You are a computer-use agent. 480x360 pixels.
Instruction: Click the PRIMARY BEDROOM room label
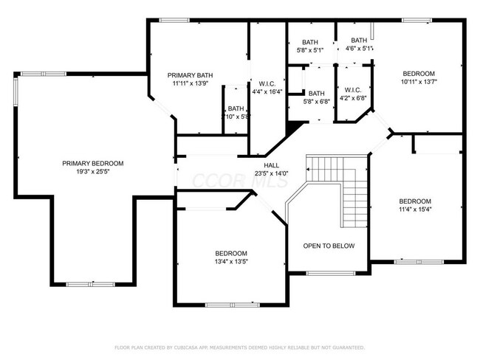pyautogui.click(x=92, y=163)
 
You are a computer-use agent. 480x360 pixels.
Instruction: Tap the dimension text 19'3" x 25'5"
pyautogui.click(x=92, y=172)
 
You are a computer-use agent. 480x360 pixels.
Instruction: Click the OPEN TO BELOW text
pyautogui.click(x=329, y=246)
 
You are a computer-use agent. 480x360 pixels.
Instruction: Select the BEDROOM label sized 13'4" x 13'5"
pyautogui.click(x=230, y=252)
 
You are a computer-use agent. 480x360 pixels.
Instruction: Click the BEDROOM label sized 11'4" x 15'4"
pyautogui.click(x=414, y=201)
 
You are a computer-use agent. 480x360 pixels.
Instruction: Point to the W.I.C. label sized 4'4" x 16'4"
pyautogui.click(x=267, y=83)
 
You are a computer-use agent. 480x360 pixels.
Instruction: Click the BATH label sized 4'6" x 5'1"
pyautogui.click(x=359, y=40)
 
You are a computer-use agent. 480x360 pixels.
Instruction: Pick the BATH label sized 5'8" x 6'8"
pyautogui.click(x=316, y=93)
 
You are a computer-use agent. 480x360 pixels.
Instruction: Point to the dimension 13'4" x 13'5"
pyautogui.click(x=230, y=261)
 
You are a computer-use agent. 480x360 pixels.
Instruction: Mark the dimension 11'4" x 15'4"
pyautogui.click(x=414, y=210)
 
